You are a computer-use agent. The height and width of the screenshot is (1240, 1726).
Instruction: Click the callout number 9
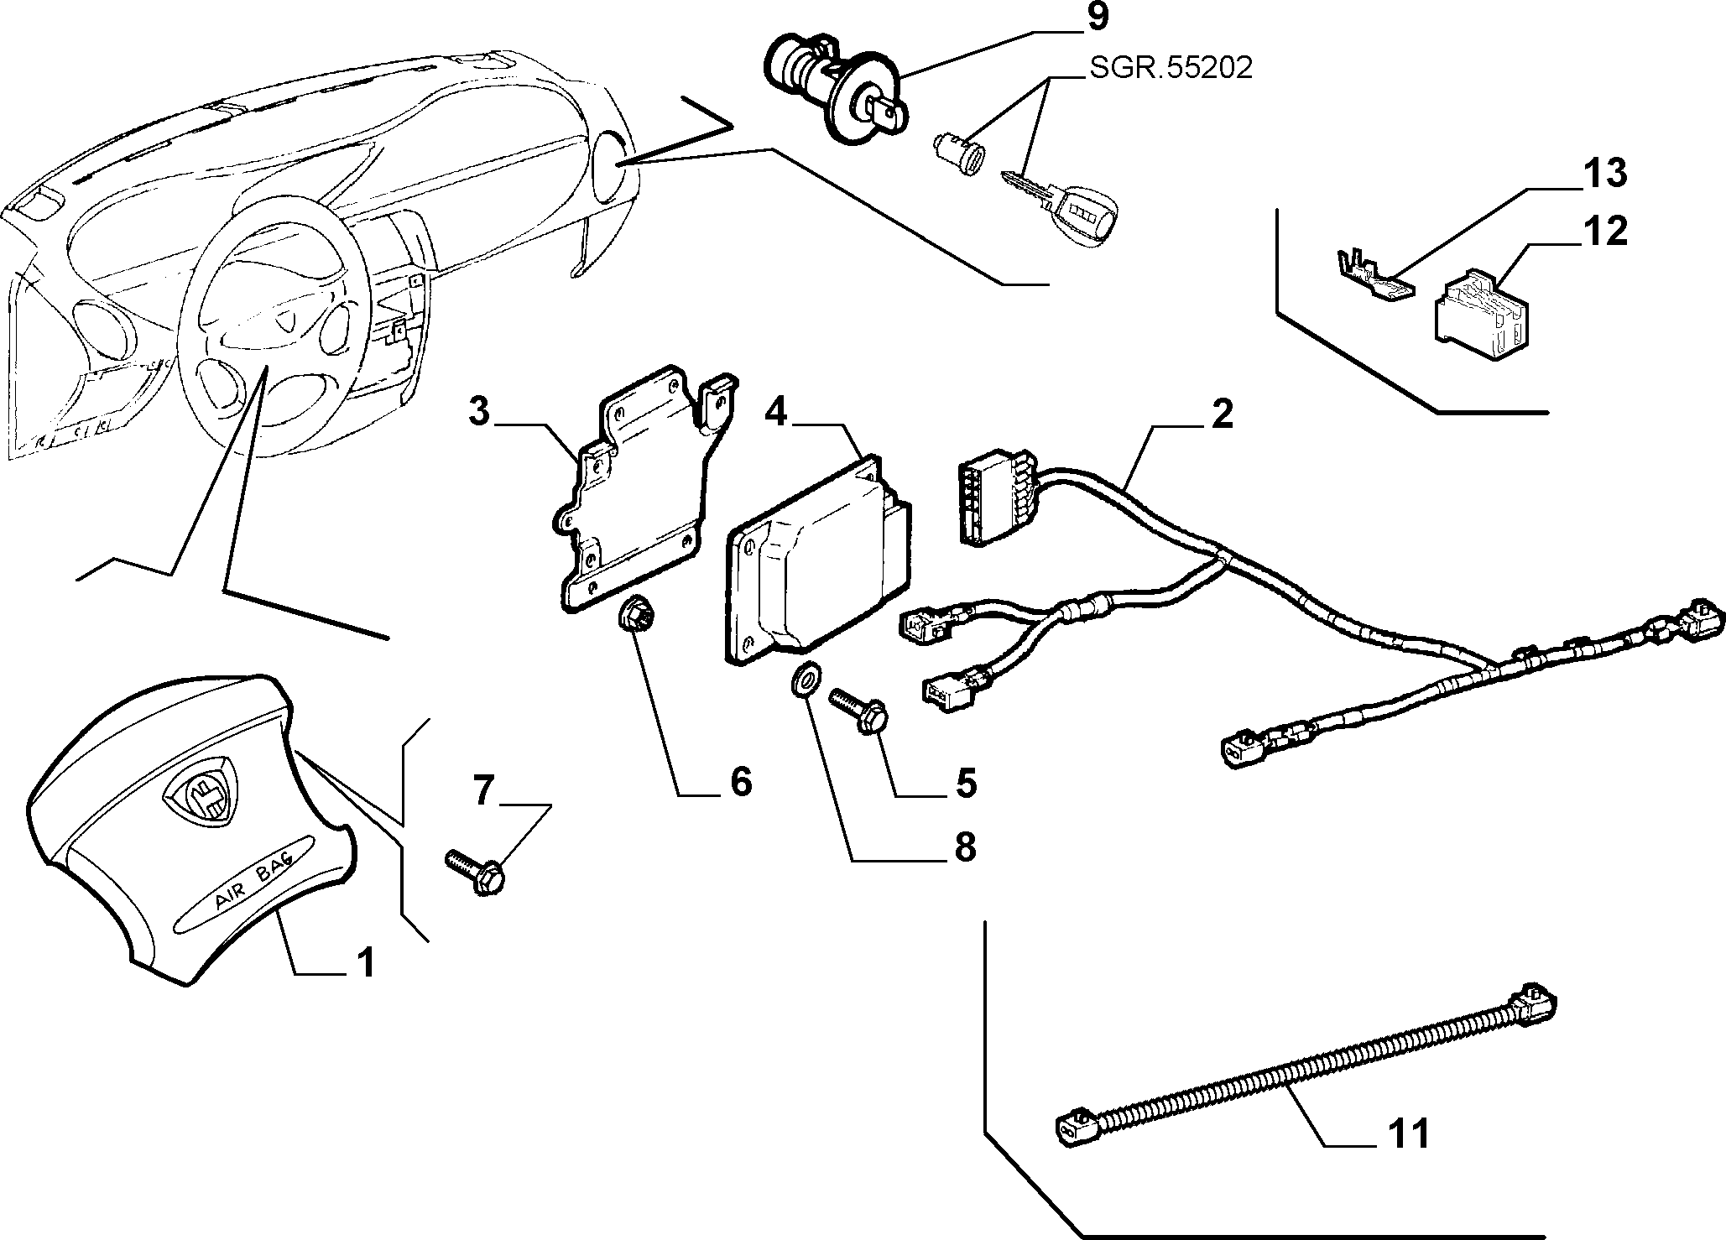(x=1098, y=18)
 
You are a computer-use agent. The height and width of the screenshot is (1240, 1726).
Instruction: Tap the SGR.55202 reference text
(x=1171, y=68)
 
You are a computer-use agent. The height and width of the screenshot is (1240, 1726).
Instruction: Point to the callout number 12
(x=1603, y=231)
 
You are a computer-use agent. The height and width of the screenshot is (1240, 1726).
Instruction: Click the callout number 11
(x=1407, y=1134)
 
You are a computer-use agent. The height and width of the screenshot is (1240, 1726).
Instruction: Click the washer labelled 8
(x=806, y=678)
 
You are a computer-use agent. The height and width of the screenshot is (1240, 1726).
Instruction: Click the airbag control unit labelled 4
(x=818, y=562)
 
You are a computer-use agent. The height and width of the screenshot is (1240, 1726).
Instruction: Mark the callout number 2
(x=1223, y=414)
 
